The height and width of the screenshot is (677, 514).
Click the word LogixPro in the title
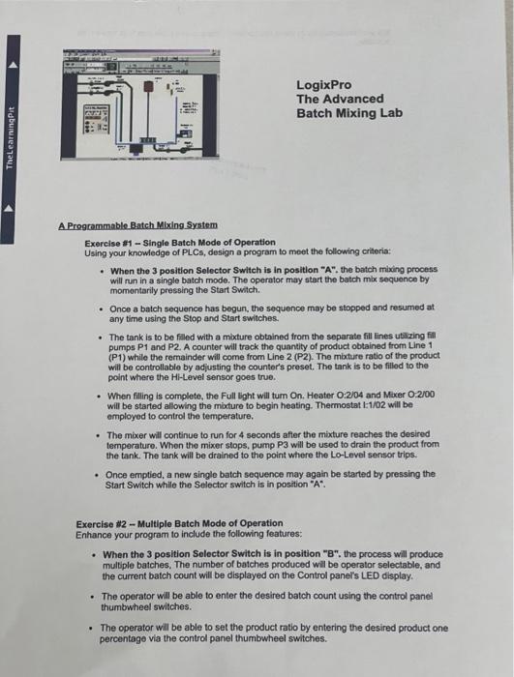322,84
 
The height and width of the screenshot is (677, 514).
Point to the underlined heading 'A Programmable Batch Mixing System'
137,225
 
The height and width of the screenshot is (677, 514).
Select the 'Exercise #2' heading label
104,523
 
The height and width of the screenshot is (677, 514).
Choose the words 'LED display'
385,576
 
